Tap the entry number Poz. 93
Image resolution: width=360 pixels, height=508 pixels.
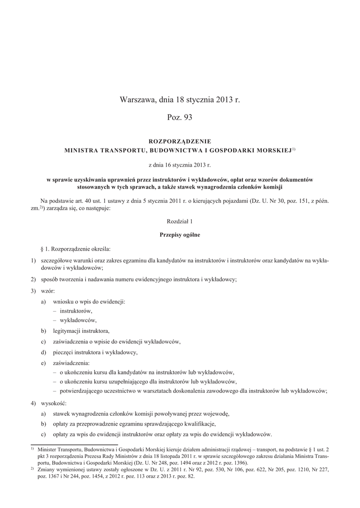[x=180, y=118]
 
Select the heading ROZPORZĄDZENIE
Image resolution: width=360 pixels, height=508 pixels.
[x=180, y=141]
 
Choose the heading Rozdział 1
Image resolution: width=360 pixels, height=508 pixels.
[x=180, y=223]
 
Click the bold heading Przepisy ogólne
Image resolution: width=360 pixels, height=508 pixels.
[x=180, y=235]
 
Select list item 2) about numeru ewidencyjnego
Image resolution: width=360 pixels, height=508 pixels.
[x=139, y=279]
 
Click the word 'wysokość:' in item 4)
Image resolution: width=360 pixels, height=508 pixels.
[x=51, y=403]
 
